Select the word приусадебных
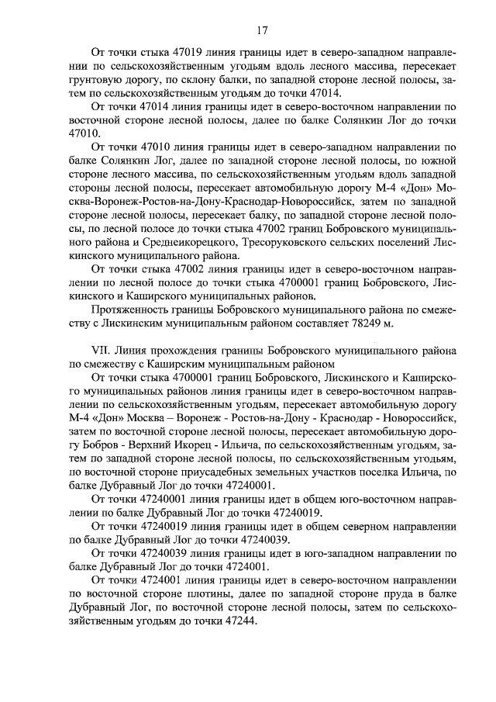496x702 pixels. (x=205, y=472)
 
